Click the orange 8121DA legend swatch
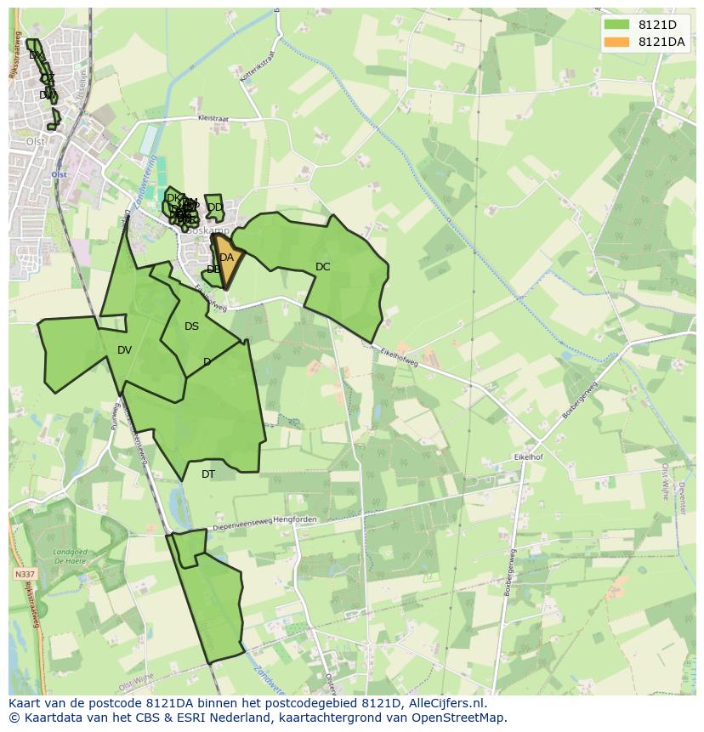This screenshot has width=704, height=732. [616, 42]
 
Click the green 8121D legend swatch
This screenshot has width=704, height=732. [616, 24]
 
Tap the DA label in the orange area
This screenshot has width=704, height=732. [226, 258]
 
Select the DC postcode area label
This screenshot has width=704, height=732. [322, 267]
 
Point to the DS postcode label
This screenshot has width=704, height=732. [191, 326]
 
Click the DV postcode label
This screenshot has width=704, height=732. [124, 350]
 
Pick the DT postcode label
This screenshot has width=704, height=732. [208, 474]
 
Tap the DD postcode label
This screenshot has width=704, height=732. [215, 207]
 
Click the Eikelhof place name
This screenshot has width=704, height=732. [528, 457]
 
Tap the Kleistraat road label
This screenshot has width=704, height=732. [213, 119]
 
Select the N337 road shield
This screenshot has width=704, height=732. [25, 575]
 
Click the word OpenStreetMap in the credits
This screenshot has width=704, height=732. [460, 718]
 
